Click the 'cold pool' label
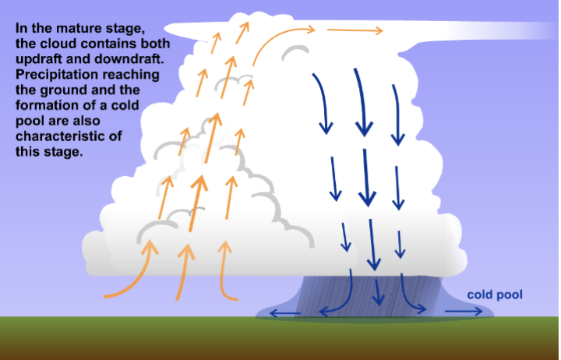tap(494, 295)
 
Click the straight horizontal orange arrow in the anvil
tap(355, 31)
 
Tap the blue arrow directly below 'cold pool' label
tap(465, 310)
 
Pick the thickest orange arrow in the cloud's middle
tap(197, 203)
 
